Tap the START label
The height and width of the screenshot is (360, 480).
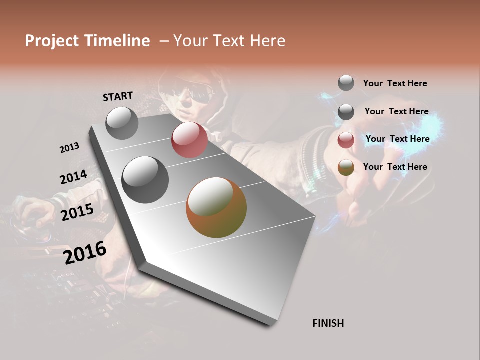pyautogui.click(x=118, y=96)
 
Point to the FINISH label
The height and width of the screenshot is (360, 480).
pyautogui.click(x=328, y=323)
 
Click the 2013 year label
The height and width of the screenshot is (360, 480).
pyautogui.click(x=69, y=148)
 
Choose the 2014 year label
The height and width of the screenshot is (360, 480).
pyautogui.click(x=73, y=177)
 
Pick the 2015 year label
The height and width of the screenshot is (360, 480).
pyautogui.click(x=77, y=212)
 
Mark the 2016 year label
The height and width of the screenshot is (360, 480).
pyautogui.click(x=85, y=252)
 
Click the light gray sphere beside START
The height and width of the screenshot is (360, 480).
pyautogui.click(x=122, y=123)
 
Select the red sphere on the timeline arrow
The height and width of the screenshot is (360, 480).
pyautogui.click(x=189, y=140)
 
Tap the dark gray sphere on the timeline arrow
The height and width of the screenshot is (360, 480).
pyautogui.click(x=145, y=180)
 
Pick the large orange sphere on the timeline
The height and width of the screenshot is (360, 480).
pyautogui.click(x=216, y=207)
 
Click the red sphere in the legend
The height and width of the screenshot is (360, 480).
pyautogui.click(x=346, y=140)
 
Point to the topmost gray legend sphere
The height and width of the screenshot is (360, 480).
pyautogui.click(x=346, y=83)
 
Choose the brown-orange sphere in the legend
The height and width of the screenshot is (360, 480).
pyautogui.click(x=346, y=167)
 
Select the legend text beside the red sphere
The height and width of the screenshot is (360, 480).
pyautogui.click(x=397, y=139)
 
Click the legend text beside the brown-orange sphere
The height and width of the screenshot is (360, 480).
pyautogui.click(x=395, y=167)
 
